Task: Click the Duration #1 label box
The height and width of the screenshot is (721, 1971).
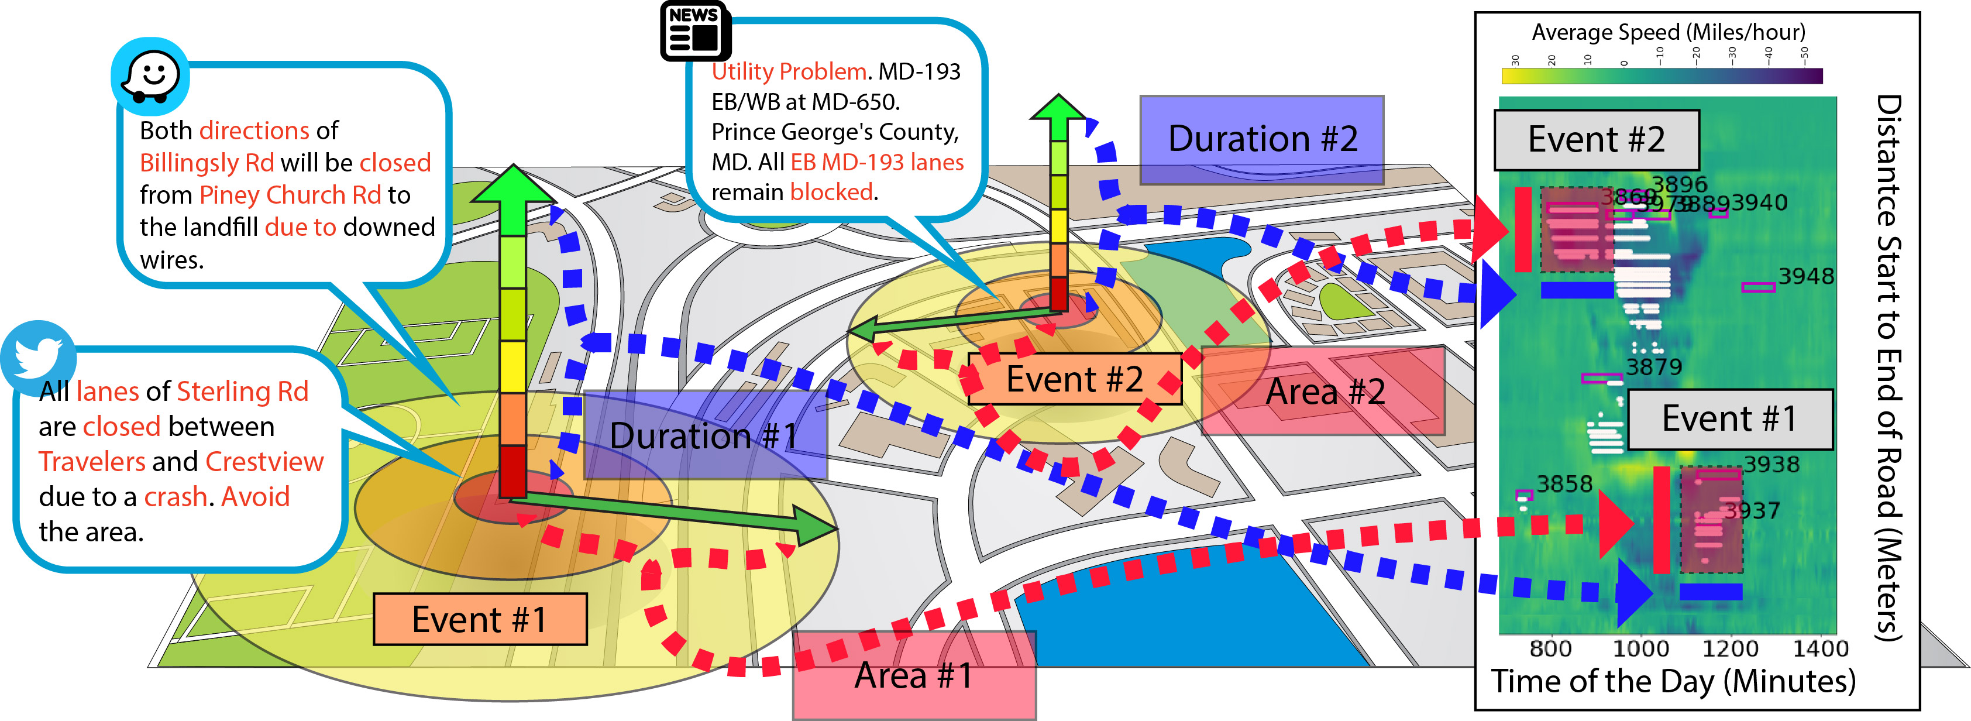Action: pos(704,435)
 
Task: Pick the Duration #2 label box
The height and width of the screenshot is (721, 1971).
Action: pos(1262,139)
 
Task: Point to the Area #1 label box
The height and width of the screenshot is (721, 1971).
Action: pos(914,675)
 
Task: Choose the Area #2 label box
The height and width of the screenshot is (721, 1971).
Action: pos(1324,391)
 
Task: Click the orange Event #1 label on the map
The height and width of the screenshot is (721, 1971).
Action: pos(480,619)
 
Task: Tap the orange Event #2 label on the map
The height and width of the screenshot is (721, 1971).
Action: pos(1074,379)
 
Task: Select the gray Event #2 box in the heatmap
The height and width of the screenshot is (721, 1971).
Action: pos(1596,140)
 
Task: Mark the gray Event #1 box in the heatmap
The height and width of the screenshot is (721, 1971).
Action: pos(1729,418)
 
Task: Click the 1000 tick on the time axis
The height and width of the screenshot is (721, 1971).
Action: pos(1640,649)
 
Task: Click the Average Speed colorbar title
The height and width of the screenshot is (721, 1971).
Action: pos(1668,32)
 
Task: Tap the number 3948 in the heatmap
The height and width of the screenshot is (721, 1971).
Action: pos(1806,276)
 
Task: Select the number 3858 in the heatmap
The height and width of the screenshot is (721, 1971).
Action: pos(1564,484)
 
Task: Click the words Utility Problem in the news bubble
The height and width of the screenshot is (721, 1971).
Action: pos(789,72)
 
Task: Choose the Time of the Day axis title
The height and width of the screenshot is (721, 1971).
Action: pos(1673,681)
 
